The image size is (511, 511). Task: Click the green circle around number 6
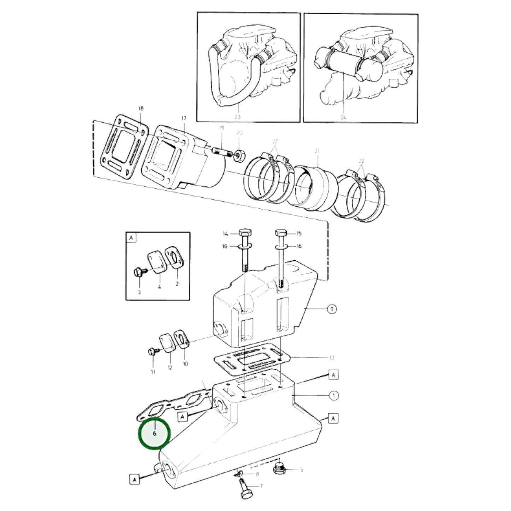point(154,434)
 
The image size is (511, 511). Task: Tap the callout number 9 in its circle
point(331,309)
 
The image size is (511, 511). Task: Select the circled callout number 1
point(333,395)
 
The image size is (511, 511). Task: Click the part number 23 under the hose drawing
point(237,116)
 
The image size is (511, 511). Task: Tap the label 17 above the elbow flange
point(184,118)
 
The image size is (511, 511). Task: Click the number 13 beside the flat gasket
point(331,358)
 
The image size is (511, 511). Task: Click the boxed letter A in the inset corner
point(131,238)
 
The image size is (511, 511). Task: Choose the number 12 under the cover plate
point(170,368)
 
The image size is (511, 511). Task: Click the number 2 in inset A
point(177,284)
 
